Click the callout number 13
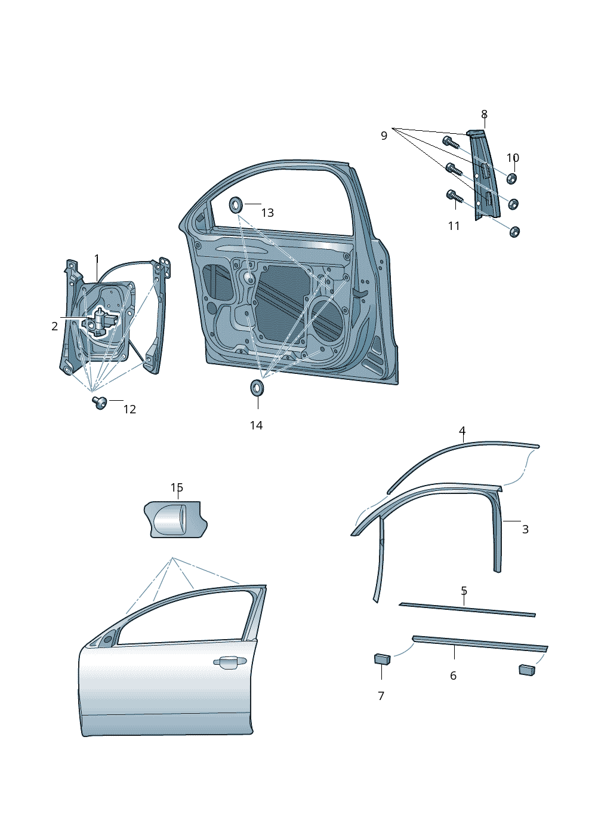pos(267,213)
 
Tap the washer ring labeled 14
pos(258,387)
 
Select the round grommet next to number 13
pos(236,205)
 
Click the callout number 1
pos(97,259)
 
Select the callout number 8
pos(484,114)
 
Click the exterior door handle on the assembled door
pos(230,661)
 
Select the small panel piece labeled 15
pos(175,519)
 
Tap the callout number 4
pos(462,431)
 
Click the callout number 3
pos(525,529)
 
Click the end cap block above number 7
pos(382,659)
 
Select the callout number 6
pos(453,676)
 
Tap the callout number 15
pos(177,488)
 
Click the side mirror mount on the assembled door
pos(106,640)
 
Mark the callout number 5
pos(464,591)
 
